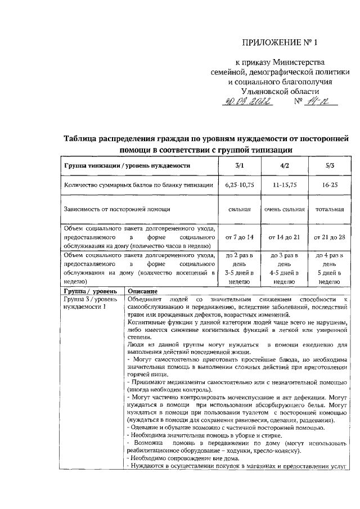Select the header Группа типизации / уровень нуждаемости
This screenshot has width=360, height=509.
127,166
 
